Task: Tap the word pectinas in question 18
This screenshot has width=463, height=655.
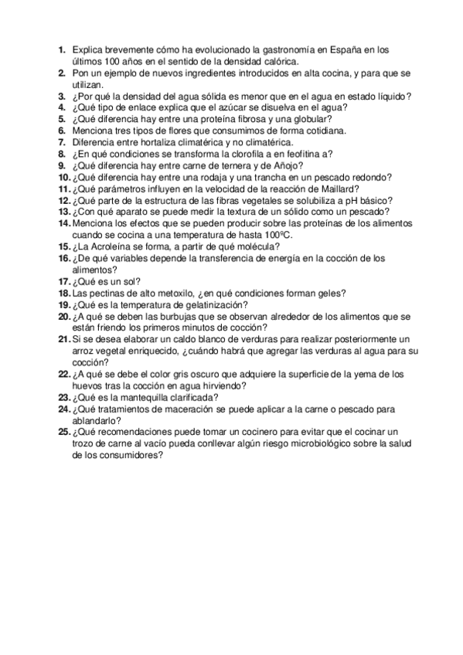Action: (x=107, y=294)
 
